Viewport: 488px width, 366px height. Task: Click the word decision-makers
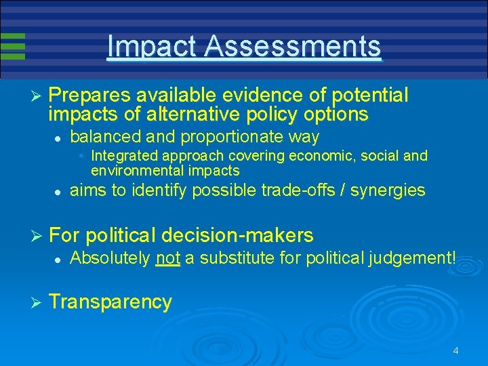[x=240, y=235]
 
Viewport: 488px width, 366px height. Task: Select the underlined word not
[x=167, y=258]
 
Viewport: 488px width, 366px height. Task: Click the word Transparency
[x=110, y=302]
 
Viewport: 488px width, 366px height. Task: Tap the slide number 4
[x=455, y=350]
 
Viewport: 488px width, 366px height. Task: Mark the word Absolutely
[x=110, y=258]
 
